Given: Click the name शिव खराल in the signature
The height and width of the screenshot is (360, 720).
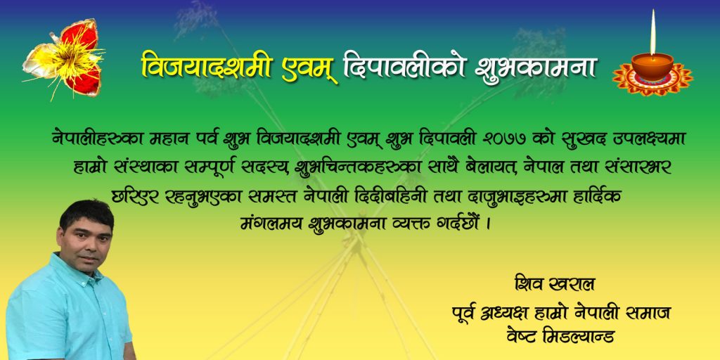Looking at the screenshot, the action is [555, 285].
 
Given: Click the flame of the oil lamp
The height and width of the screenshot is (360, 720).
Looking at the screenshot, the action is [652, 33].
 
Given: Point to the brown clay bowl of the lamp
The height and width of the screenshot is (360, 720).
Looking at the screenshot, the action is [652, 66].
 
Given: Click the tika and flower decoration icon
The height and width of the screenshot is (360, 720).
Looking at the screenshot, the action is [63, 59].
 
